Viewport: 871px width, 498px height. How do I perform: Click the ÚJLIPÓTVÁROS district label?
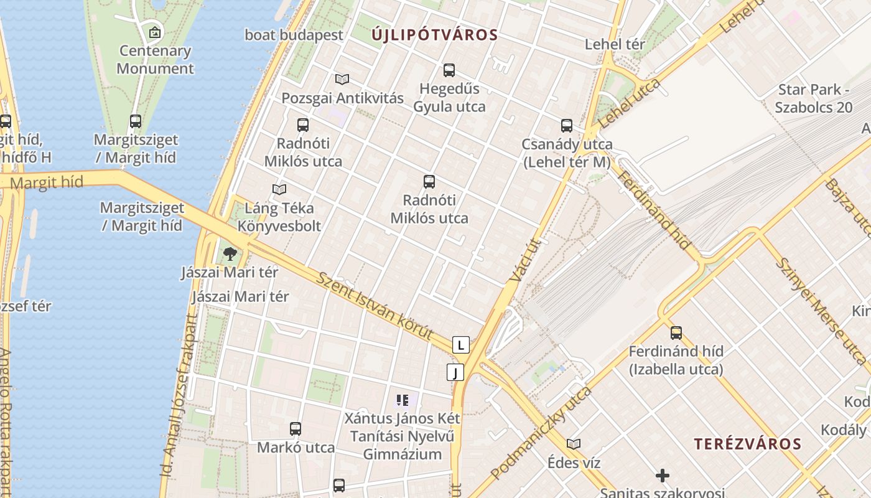pyautogui.click(x=435, y=35)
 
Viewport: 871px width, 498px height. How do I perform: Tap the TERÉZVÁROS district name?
pyautogui.click(x=748, y=444)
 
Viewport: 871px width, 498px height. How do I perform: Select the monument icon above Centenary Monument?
pyautogui.click(x=155, y=32)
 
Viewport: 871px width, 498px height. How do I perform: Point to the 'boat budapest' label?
pyautogui.click(x=294, y=35)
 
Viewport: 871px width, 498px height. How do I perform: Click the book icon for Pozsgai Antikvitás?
pyautogui.click(x=342, y=79)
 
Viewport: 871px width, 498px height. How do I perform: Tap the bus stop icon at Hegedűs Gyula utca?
pyautogui.click(x=449, y=70)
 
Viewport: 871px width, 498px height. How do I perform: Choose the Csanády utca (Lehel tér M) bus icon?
pyautogui.click(x=567, y=126)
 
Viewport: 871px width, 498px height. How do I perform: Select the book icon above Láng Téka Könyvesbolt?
pyautogui.click(x=279, y=189)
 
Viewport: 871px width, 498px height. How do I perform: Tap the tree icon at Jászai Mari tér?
pyautogui.click(x=230, y=253)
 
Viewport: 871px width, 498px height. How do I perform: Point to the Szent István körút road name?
pyautogui.click(x=375, y=306)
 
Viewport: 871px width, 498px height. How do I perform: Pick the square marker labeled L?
pyautogui.click(x=460, y=345)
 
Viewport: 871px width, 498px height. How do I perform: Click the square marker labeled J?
pyautogui.click(x=455, y=372)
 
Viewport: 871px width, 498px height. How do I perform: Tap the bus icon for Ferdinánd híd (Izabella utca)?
pyautogui.click(x=676, y=333)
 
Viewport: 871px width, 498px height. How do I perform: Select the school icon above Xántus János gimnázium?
pyautogui.click(x=403, y=400)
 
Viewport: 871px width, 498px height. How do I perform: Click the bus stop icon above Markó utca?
pyautogui.click(x=296, y=429)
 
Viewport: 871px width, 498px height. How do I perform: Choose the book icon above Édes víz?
pyautogui.click(x=574, y=444)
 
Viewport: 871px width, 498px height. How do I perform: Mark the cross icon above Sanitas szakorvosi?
pyautogui.click(x=663, y=476)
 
